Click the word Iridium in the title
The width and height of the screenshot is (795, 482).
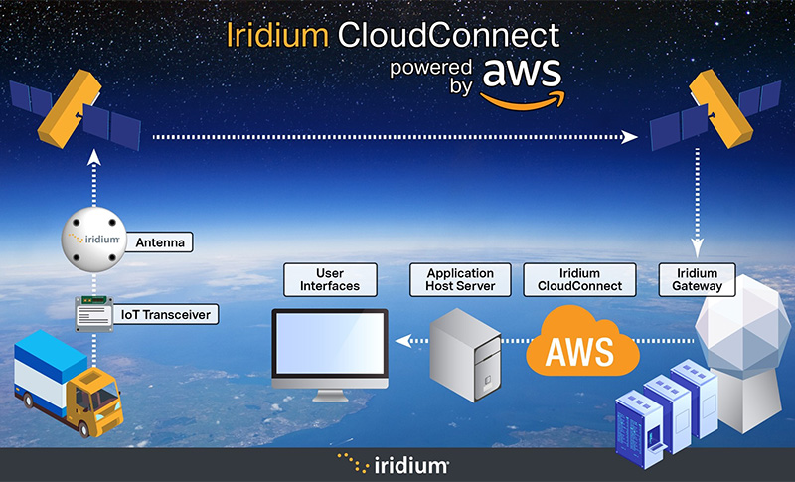coord(278,36)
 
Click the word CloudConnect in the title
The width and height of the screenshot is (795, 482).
coord(446,36)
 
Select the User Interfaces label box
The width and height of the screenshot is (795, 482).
coord(329,279)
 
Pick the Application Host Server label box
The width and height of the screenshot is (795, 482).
coord(460,279)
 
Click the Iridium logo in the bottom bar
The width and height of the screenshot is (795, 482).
coord(397,463)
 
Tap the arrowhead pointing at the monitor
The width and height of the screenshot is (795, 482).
coord(400,341)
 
